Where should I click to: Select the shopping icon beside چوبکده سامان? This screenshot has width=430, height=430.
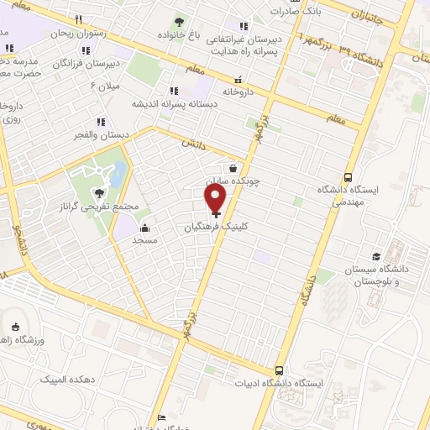[x=233, y=168]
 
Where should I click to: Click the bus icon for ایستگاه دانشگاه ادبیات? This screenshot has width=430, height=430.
[x=280, y=370]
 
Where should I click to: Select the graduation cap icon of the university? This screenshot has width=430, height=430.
[x=377, y=256]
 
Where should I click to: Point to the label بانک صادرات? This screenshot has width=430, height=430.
[x=296, y=13]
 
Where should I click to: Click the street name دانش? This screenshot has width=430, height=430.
[x=191, y=145]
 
